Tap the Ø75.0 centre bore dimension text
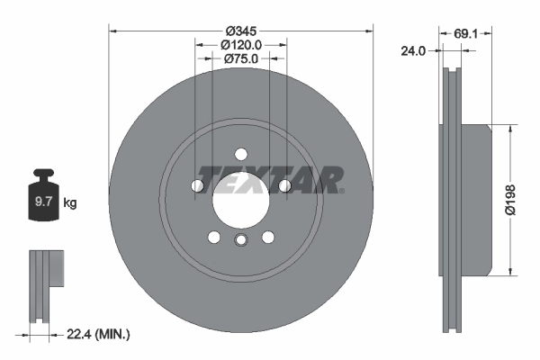(240, 59)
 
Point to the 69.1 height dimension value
(465, 33)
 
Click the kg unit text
(69, 203)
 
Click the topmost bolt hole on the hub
(240, 154)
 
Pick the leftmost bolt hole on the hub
(198, 185)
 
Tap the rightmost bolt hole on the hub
(283, 185)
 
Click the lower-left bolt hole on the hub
(214, 237)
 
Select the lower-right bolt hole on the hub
(267, 237)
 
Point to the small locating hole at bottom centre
(240, 240)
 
